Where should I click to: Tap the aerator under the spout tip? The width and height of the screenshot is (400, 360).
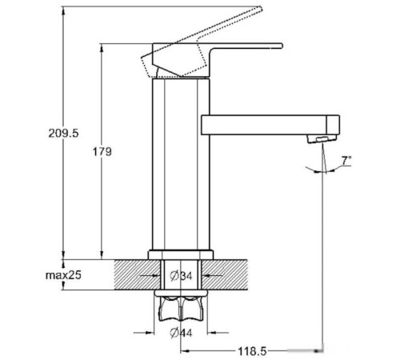pos(319,140)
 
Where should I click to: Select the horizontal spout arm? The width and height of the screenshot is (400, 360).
pos(264,125)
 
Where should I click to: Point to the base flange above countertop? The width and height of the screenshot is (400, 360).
pos(180,254)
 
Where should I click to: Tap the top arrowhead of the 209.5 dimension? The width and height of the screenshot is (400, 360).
pos(62,11)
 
